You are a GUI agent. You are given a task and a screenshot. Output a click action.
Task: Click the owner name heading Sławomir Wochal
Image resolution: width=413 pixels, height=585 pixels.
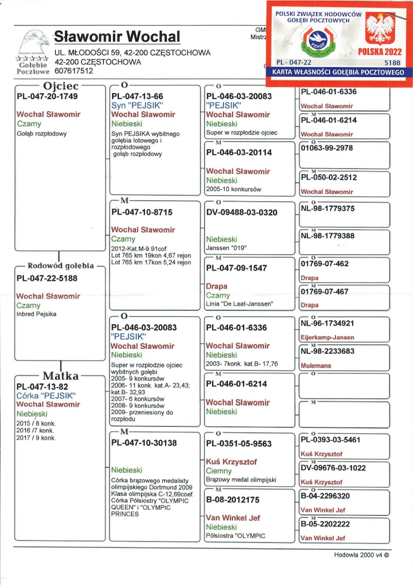click(x=117, y=37)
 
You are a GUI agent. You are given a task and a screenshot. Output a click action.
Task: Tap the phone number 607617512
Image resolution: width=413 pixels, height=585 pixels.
click(x=74, y=71)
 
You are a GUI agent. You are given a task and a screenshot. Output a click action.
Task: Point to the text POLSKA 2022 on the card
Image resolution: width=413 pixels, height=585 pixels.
click(x=380, y=52)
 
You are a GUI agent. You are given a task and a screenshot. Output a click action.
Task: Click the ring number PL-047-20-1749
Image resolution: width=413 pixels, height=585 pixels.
click(x=47, y=97)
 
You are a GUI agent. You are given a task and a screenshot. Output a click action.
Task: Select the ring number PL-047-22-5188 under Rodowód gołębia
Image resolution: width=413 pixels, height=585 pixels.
click(x=47, y=278)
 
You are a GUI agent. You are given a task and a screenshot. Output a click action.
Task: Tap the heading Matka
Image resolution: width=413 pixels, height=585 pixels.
click(x=61, y=376)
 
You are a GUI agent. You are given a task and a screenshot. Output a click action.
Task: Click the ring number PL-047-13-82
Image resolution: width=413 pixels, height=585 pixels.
click(x=42, y=387)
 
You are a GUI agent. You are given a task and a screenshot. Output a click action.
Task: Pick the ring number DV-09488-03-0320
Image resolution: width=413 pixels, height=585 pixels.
click(x=242, y=213)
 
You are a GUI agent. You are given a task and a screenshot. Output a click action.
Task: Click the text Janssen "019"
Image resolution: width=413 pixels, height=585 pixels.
click(x=226, y=248)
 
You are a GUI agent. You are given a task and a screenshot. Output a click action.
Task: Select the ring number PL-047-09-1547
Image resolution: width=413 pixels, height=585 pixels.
click(x=236, y=268)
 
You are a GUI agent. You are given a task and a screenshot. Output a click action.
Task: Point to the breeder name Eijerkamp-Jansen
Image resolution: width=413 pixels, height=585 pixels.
click(x=327, y=338)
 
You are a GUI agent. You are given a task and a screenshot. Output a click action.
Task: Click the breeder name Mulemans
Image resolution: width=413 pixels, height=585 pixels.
click(x=316, y=366)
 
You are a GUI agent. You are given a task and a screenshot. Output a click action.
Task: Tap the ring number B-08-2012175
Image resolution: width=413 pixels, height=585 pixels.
click(x=233, y=500)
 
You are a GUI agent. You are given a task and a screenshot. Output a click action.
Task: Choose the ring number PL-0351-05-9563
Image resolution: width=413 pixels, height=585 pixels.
click(x=239, y=444)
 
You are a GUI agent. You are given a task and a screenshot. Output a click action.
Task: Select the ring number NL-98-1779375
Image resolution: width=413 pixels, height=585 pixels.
click(x=327, y=209)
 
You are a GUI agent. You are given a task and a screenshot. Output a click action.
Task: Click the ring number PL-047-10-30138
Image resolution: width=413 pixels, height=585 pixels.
click(x=144, y=443)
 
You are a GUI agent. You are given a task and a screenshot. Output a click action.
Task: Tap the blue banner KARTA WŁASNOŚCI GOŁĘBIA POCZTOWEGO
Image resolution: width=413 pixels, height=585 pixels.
click(x=338, y=72)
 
